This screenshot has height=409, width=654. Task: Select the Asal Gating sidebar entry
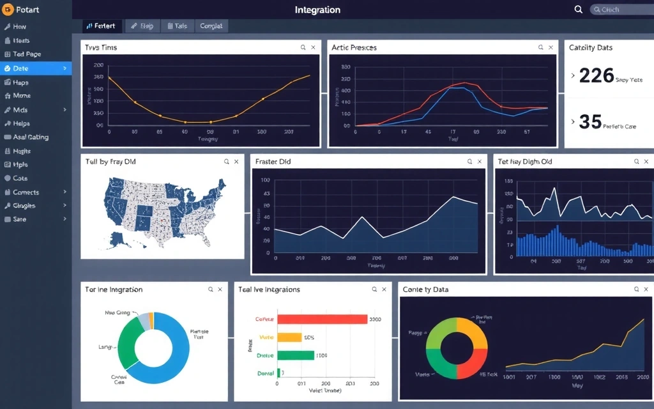tap(31, 137)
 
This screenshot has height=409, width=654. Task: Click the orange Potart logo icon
tap(8, 10)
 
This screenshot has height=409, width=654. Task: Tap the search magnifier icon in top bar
tap(579, 10)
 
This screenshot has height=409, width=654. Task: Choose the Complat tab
tap(211, 26)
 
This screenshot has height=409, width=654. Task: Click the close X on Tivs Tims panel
tap(313, 47)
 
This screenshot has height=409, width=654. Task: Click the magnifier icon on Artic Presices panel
tap(540, 47)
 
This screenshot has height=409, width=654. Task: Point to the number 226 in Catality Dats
tap(596, 76)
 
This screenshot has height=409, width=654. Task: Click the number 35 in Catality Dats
tap(590, 122)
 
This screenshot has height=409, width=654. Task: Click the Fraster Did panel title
tap(273, 162)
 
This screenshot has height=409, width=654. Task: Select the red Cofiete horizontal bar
tap(323, 319)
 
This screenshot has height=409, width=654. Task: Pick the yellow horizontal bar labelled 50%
tap(289, 337)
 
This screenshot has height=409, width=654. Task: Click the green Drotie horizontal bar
tap(296, 355)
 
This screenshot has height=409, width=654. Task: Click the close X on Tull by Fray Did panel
tap(236, 162)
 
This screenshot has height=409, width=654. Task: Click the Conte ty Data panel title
tap(425, 289)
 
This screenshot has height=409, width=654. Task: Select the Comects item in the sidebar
tap(26, 192)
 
